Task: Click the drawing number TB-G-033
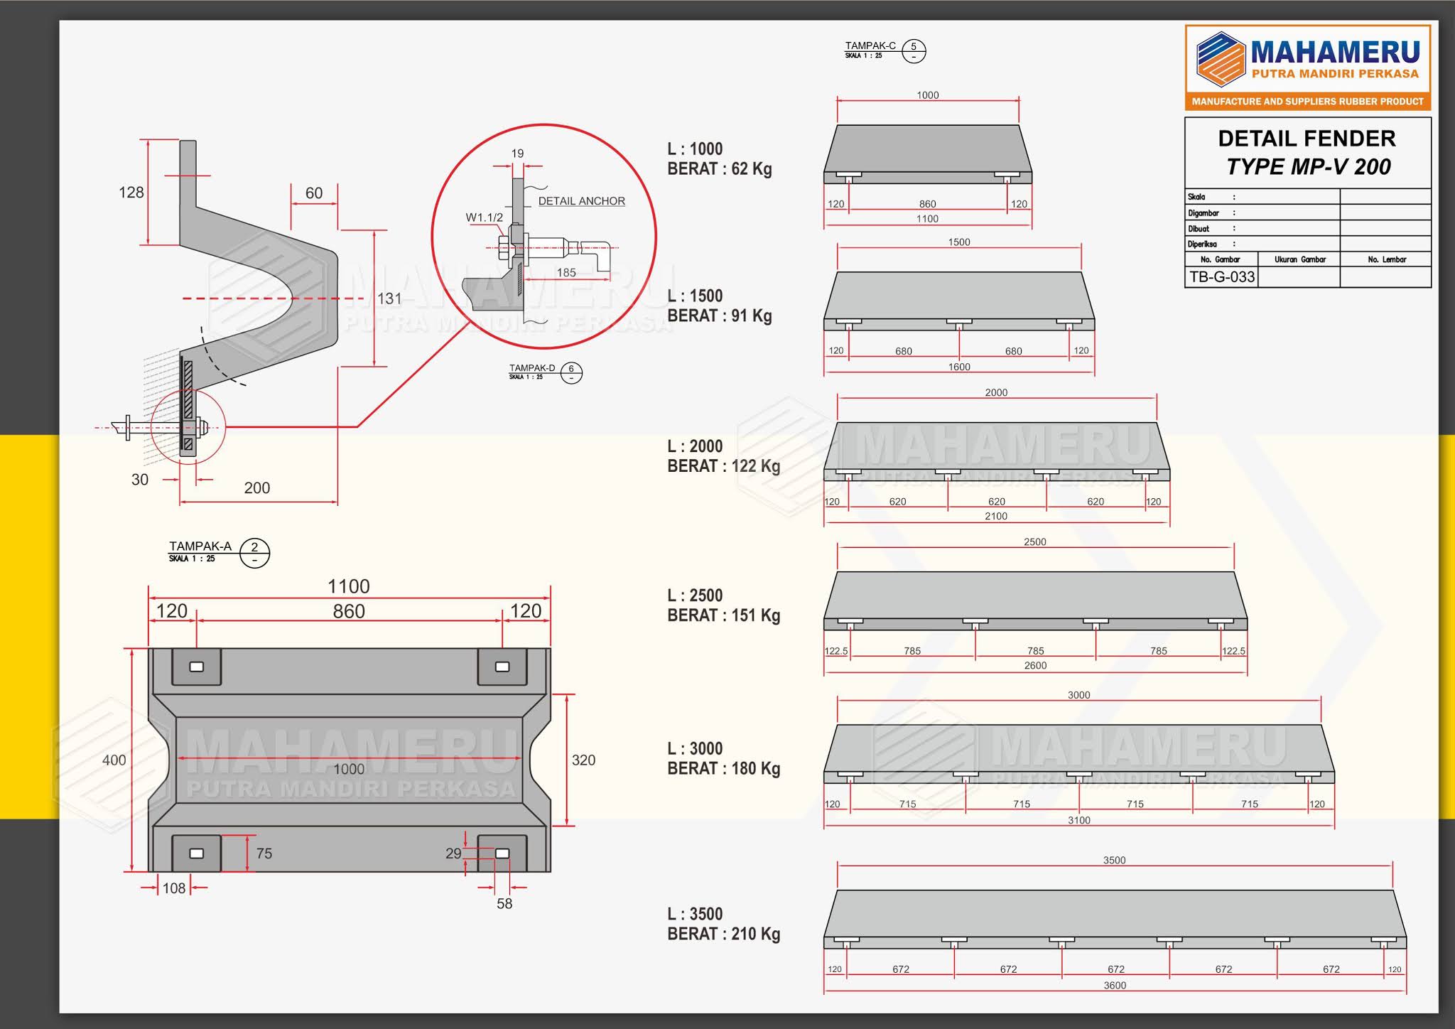click(1222, 276)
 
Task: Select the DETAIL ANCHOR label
click(581, 201)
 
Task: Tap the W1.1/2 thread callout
click(484, 217)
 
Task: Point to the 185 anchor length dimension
click(566, 272)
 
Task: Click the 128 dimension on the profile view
click(131, 193)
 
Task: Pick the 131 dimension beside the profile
click(389, 298)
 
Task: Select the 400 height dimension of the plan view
click(114, 760)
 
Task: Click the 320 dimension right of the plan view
click(583, 760)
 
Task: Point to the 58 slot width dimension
click(504, 903)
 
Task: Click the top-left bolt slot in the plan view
click(197, 667)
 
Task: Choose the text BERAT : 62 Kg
click(719, 169)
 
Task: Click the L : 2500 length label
click(695, 596)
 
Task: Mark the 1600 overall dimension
click(959, 367)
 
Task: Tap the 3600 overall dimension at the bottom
click(1115, 985)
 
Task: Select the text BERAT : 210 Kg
click(723, 934)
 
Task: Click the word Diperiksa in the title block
click(1202, 244)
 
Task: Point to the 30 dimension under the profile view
click(140, 480)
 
